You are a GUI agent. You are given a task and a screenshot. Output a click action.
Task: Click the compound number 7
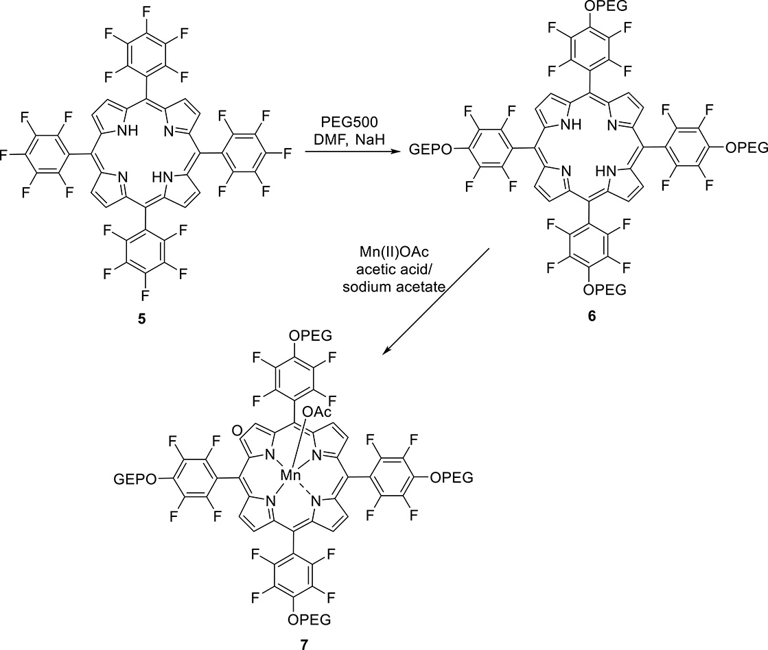pos(303,643)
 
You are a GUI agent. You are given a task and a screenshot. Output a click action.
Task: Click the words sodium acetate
pos(402,290)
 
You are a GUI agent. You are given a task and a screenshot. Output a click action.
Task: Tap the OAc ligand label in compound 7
pos(316,411)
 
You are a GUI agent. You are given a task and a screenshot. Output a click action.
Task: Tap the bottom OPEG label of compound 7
pos(309,621)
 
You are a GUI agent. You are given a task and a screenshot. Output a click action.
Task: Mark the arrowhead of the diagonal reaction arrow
pos(385,352)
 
